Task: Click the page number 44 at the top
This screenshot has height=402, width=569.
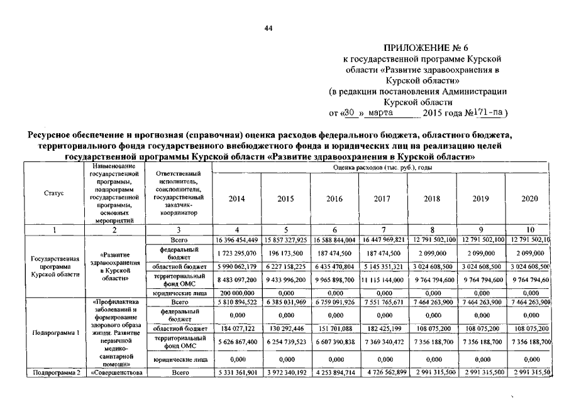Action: pos(268,28)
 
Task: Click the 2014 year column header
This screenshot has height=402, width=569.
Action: pos(237,199)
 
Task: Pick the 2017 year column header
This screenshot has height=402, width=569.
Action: pos(383,199)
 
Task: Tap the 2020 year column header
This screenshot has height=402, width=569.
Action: pos(530,199)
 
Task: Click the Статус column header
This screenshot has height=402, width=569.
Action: pos(54,193)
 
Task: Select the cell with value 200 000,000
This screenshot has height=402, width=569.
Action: pos(237,293)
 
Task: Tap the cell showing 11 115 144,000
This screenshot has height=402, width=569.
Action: pos(383,280)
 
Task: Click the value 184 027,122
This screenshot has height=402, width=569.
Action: pos(237,328)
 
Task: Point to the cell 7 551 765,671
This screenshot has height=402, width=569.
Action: pos(383,302)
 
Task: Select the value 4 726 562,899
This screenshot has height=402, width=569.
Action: pos(383,372)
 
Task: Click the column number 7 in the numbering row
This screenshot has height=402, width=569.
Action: pos(383,229)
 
